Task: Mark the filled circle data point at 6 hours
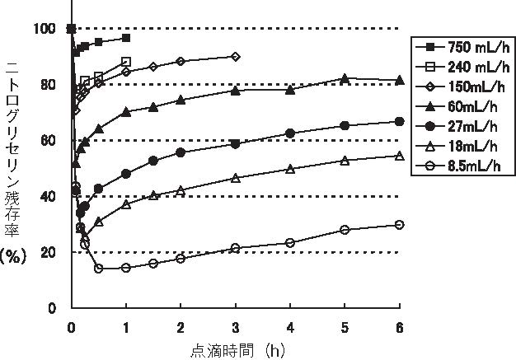(400, 121)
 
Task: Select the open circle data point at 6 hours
(400, 224)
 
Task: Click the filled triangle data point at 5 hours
(345, 78)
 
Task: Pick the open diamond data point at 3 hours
(236, 57)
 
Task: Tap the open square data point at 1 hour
(126, 62)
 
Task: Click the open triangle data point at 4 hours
(290, 169)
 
